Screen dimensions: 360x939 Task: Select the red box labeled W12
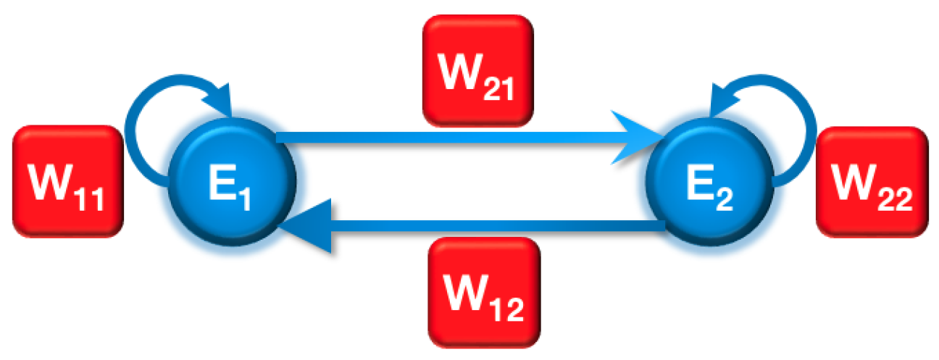(485, 290)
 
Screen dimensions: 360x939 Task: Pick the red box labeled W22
(872, 181)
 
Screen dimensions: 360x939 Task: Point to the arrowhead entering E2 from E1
(638, 136)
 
